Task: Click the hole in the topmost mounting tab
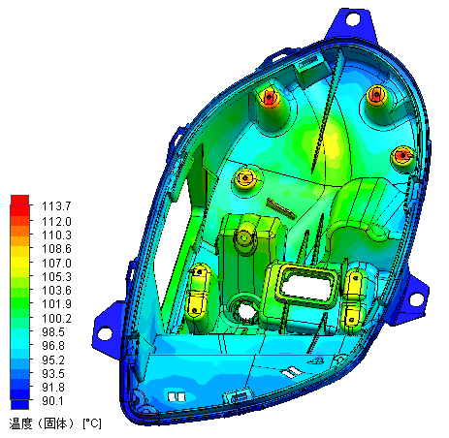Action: pyautogui.click(x=349, y=18)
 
